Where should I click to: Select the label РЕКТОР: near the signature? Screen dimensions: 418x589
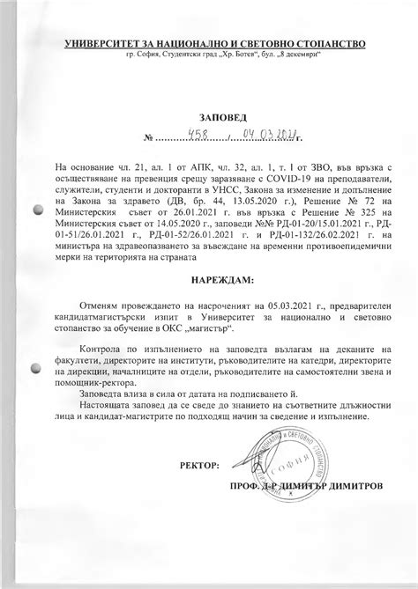[201, 464]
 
